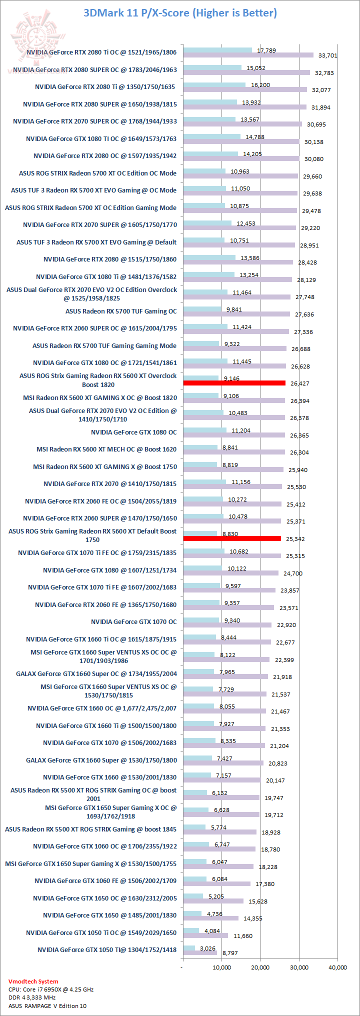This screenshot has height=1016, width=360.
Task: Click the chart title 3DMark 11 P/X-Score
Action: [180, 13]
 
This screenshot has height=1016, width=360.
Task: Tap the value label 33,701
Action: [327, 55]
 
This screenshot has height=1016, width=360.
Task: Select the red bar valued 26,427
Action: [234, 383]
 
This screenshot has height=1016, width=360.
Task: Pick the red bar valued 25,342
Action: [232, 538]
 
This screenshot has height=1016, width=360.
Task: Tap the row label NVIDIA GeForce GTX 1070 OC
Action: [133, 621]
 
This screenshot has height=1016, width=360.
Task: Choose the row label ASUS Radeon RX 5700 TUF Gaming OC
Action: [121, 311]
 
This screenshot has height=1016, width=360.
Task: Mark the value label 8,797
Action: [229, 953]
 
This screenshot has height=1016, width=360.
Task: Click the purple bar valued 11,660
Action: [205, 935]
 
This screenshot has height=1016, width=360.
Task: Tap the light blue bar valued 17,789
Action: [217, 50]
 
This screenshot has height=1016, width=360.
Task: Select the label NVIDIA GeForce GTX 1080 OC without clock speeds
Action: [133, 432]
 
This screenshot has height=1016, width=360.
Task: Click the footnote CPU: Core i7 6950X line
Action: [51, 989]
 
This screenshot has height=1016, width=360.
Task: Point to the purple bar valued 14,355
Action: [211, 918]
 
